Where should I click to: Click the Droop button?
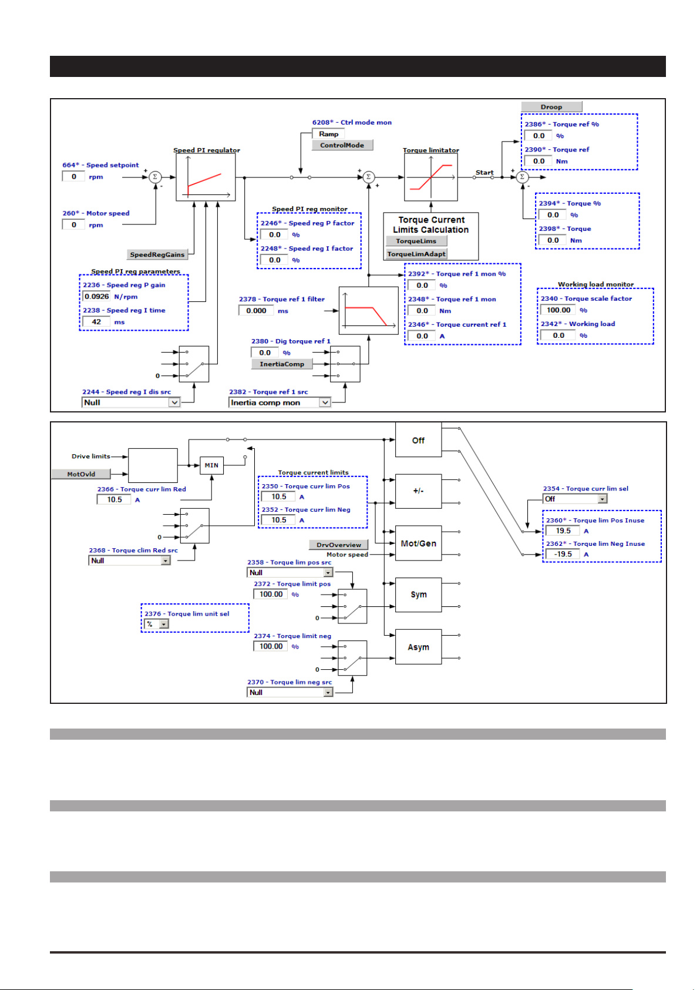click(x=551, y=106)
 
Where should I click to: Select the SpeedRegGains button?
click(x=157, y=254)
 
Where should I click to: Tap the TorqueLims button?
click(x=416, y=241)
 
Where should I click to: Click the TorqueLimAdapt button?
click(x=416, y=254)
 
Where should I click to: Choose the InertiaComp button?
click(x=282, y=364)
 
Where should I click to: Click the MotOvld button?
click(x=81, y=474)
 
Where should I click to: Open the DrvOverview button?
click(x=338, y=545)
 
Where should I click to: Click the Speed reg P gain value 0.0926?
click(x=97, y=297)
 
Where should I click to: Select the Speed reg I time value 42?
click(x=96, y=322)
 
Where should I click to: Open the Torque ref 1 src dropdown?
click(x=280, y=402)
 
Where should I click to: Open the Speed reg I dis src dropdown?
click(x=131, y=402)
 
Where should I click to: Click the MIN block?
click(x=211, y=465)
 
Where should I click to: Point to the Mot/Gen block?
click(x=418, y=543)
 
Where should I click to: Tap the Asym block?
click(x=418, y=647)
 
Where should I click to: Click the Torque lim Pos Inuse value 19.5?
click(x=563, y=531)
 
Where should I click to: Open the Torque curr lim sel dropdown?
click(x=575, y=499)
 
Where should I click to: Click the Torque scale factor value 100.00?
click(x=558, y=310)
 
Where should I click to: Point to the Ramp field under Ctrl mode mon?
click(x=328, y=134)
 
